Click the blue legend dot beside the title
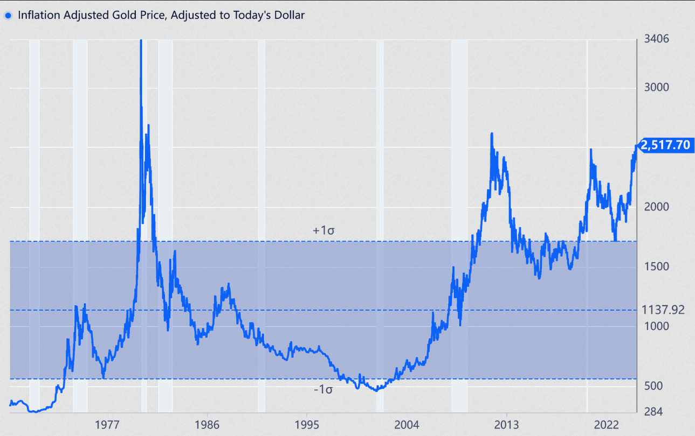coord(8,16)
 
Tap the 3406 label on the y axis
coord(657,39)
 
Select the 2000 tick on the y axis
coord(657,207)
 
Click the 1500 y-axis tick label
coord(657,267)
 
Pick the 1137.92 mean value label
coord(663,310)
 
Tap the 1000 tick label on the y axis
coord(657,326)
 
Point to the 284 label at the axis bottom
coord(653,412)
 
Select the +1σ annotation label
coord(324,230)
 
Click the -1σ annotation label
coord(323,390)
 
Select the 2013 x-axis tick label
coord(506,424)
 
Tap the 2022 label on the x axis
coord(605,424)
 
